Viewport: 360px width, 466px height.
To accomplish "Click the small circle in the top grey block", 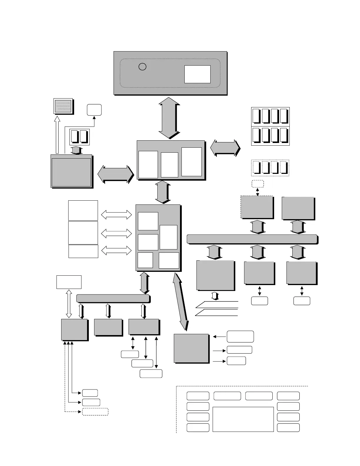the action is pyautogui.click(x=142, y=67).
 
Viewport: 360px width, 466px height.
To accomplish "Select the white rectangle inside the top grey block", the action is pyautogui.click(x=197, y=74).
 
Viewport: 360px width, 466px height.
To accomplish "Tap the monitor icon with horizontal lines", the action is pyautogui.click(x=63, y=106).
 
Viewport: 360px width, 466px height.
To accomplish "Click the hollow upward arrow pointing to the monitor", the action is pyautogui.click(x=57, y=135).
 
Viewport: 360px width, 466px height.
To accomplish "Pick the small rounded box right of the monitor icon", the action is pyautogui.click(x=94, y=110).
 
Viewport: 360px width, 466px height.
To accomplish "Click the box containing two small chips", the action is pyautogui.click(x=79, y=137).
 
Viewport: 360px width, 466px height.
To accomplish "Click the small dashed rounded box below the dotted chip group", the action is pyautogui.click(x=258, y=184).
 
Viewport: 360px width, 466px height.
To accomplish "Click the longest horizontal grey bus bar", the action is pyautogui.click(x=252, y=239).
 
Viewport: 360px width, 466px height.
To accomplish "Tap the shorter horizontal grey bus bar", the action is pyautogui.click(x=113, y=298).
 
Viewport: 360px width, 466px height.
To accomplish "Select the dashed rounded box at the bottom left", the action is pyautogui.click(x=95, y=412).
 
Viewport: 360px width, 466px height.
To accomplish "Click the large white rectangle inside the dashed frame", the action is pyautogui.click(x=243, y=419).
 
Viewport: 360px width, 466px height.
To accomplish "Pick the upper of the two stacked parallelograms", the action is pyautogui.click(x=217, y=304).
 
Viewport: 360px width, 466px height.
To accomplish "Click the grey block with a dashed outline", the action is pyautogui.click(x=257, y=207).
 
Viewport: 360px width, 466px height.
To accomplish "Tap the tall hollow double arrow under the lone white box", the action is pyautogui.click(x=69, y=304).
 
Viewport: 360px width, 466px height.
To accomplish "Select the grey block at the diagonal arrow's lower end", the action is pyautogui.click(x=191, y=348).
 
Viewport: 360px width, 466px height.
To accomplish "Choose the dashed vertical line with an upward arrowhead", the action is pyautogui.click(x=65, y=377).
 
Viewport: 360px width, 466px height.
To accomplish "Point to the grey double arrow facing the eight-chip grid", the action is pyautogui.click(x=225, y=148).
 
